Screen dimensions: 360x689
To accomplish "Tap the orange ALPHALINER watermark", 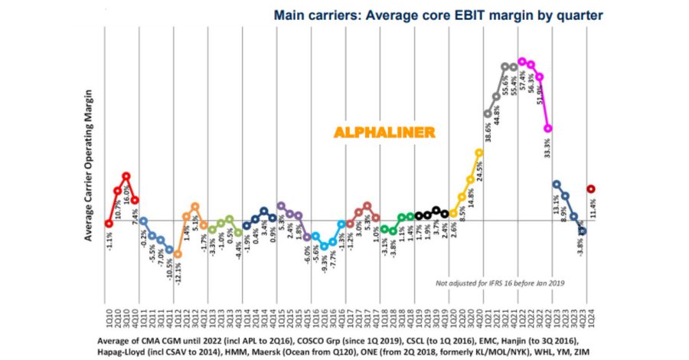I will pos(384,131).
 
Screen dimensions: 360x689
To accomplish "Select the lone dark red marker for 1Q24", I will pos(591,188).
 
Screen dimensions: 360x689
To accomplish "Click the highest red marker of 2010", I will pos(126,175).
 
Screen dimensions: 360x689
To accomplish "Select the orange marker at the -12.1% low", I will pos(178,254).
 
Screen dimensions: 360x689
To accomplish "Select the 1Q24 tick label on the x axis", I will pos(591,322).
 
